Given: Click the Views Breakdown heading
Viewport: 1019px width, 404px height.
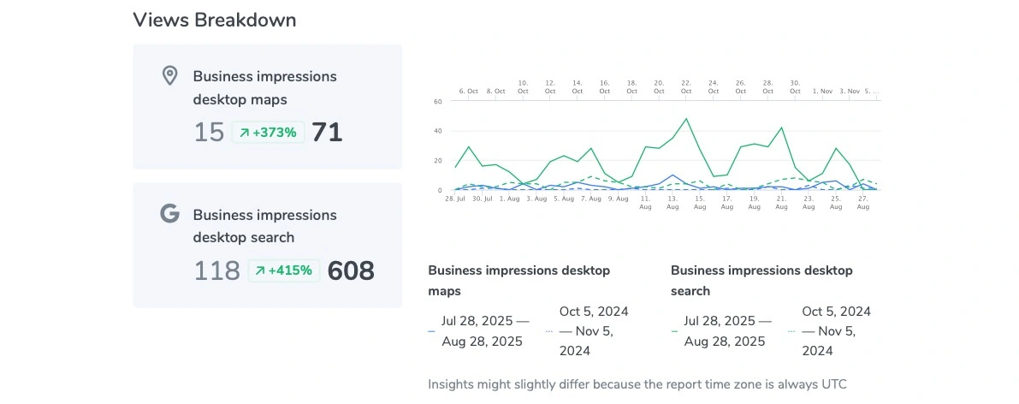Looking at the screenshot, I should click(215, 21).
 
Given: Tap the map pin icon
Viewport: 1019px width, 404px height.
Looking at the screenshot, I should click(169, 75).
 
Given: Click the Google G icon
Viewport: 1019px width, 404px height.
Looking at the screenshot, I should click(169, 213).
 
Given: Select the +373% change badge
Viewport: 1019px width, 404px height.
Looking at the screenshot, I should click(268, 133).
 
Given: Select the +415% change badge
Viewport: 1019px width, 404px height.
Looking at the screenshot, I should click(284, 271).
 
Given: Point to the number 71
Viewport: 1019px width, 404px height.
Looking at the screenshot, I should click(327, 133).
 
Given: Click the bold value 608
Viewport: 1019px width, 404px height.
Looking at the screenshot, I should click(351, 271).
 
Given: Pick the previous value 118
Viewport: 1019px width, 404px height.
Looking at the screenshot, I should click(217, 271).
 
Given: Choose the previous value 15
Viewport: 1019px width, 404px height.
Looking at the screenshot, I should click(209, 133).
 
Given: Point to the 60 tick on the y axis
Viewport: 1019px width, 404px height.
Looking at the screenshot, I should click(437, 101).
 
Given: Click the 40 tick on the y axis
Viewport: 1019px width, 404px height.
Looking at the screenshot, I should click(437, 131).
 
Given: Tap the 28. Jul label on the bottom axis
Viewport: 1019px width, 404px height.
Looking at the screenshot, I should click(455, 199).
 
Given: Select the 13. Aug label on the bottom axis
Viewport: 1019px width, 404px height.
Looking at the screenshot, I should click(672, 202).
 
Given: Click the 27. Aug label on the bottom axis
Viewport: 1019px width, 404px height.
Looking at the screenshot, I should click(862, 202).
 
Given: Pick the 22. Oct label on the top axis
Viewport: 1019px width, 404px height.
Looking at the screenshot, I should click(686, 86).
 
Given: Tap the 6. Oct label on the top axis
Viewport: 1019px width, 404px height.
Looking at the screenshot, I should click(468, 91).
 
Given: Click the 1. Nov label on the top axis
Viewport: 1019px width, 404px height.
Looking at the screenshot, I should click(822, 91).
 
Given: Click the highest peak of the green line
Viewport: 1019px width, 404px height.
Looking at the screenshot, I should click(686, 119).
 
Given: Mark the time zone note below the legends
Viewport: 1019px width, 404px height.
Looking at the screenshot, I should click(637, 384).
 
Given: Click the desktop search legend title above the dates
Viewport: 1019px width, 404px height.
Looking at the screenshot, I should click(761, 281).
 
